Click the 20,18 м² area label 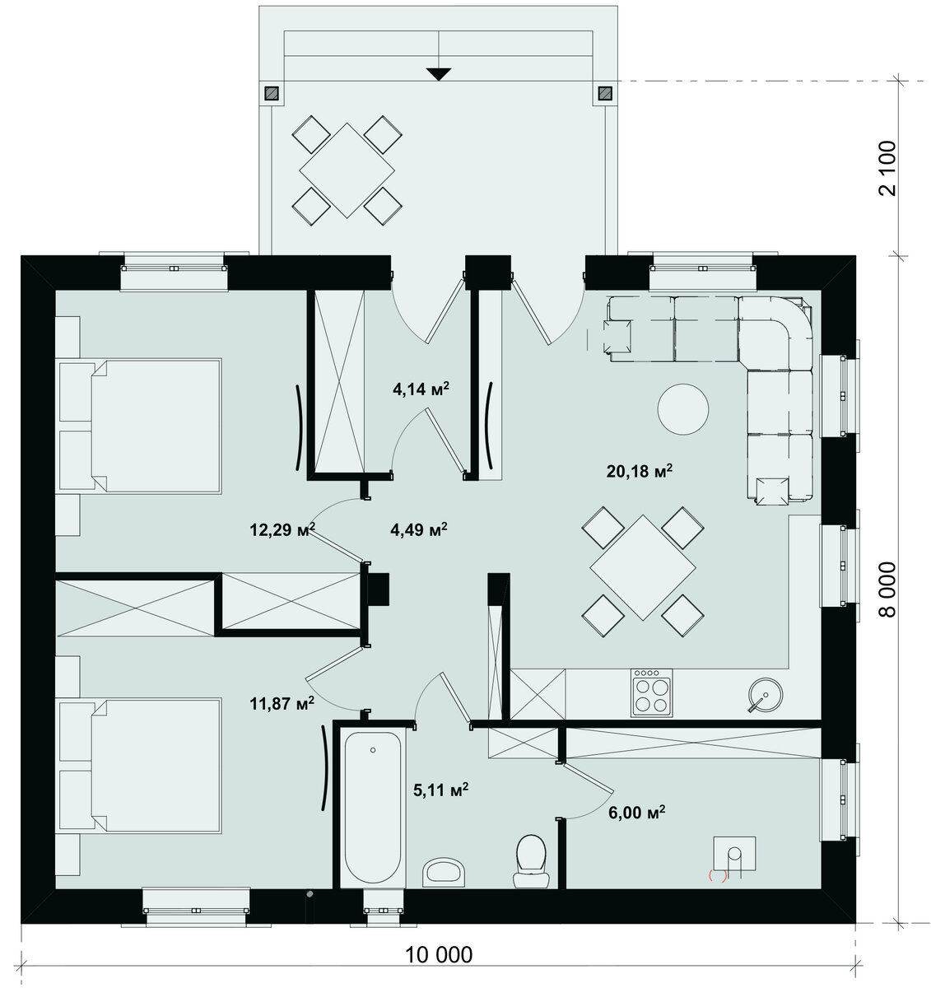[639, 471]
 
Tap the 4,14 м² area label [421, 389]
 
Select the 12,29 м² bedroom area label [282, 529]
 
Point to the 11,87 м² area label [282, 703]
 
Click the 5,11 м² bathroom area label [441, 790]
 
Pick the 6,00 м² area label [637, 813]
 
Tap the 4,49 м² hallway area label [418, 529]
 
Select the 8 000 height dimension [887, 590]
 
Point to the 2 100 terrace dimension [887, 168]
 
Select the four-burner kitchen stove [651, 693]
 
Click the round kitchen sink [766, 695]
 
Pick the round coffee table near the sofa [682, 409]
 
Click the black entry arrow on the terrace [439, 74]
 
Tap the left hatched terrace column [271, 93]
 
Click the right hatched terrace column [604, 93]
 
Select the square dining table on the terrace [347, 170]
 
